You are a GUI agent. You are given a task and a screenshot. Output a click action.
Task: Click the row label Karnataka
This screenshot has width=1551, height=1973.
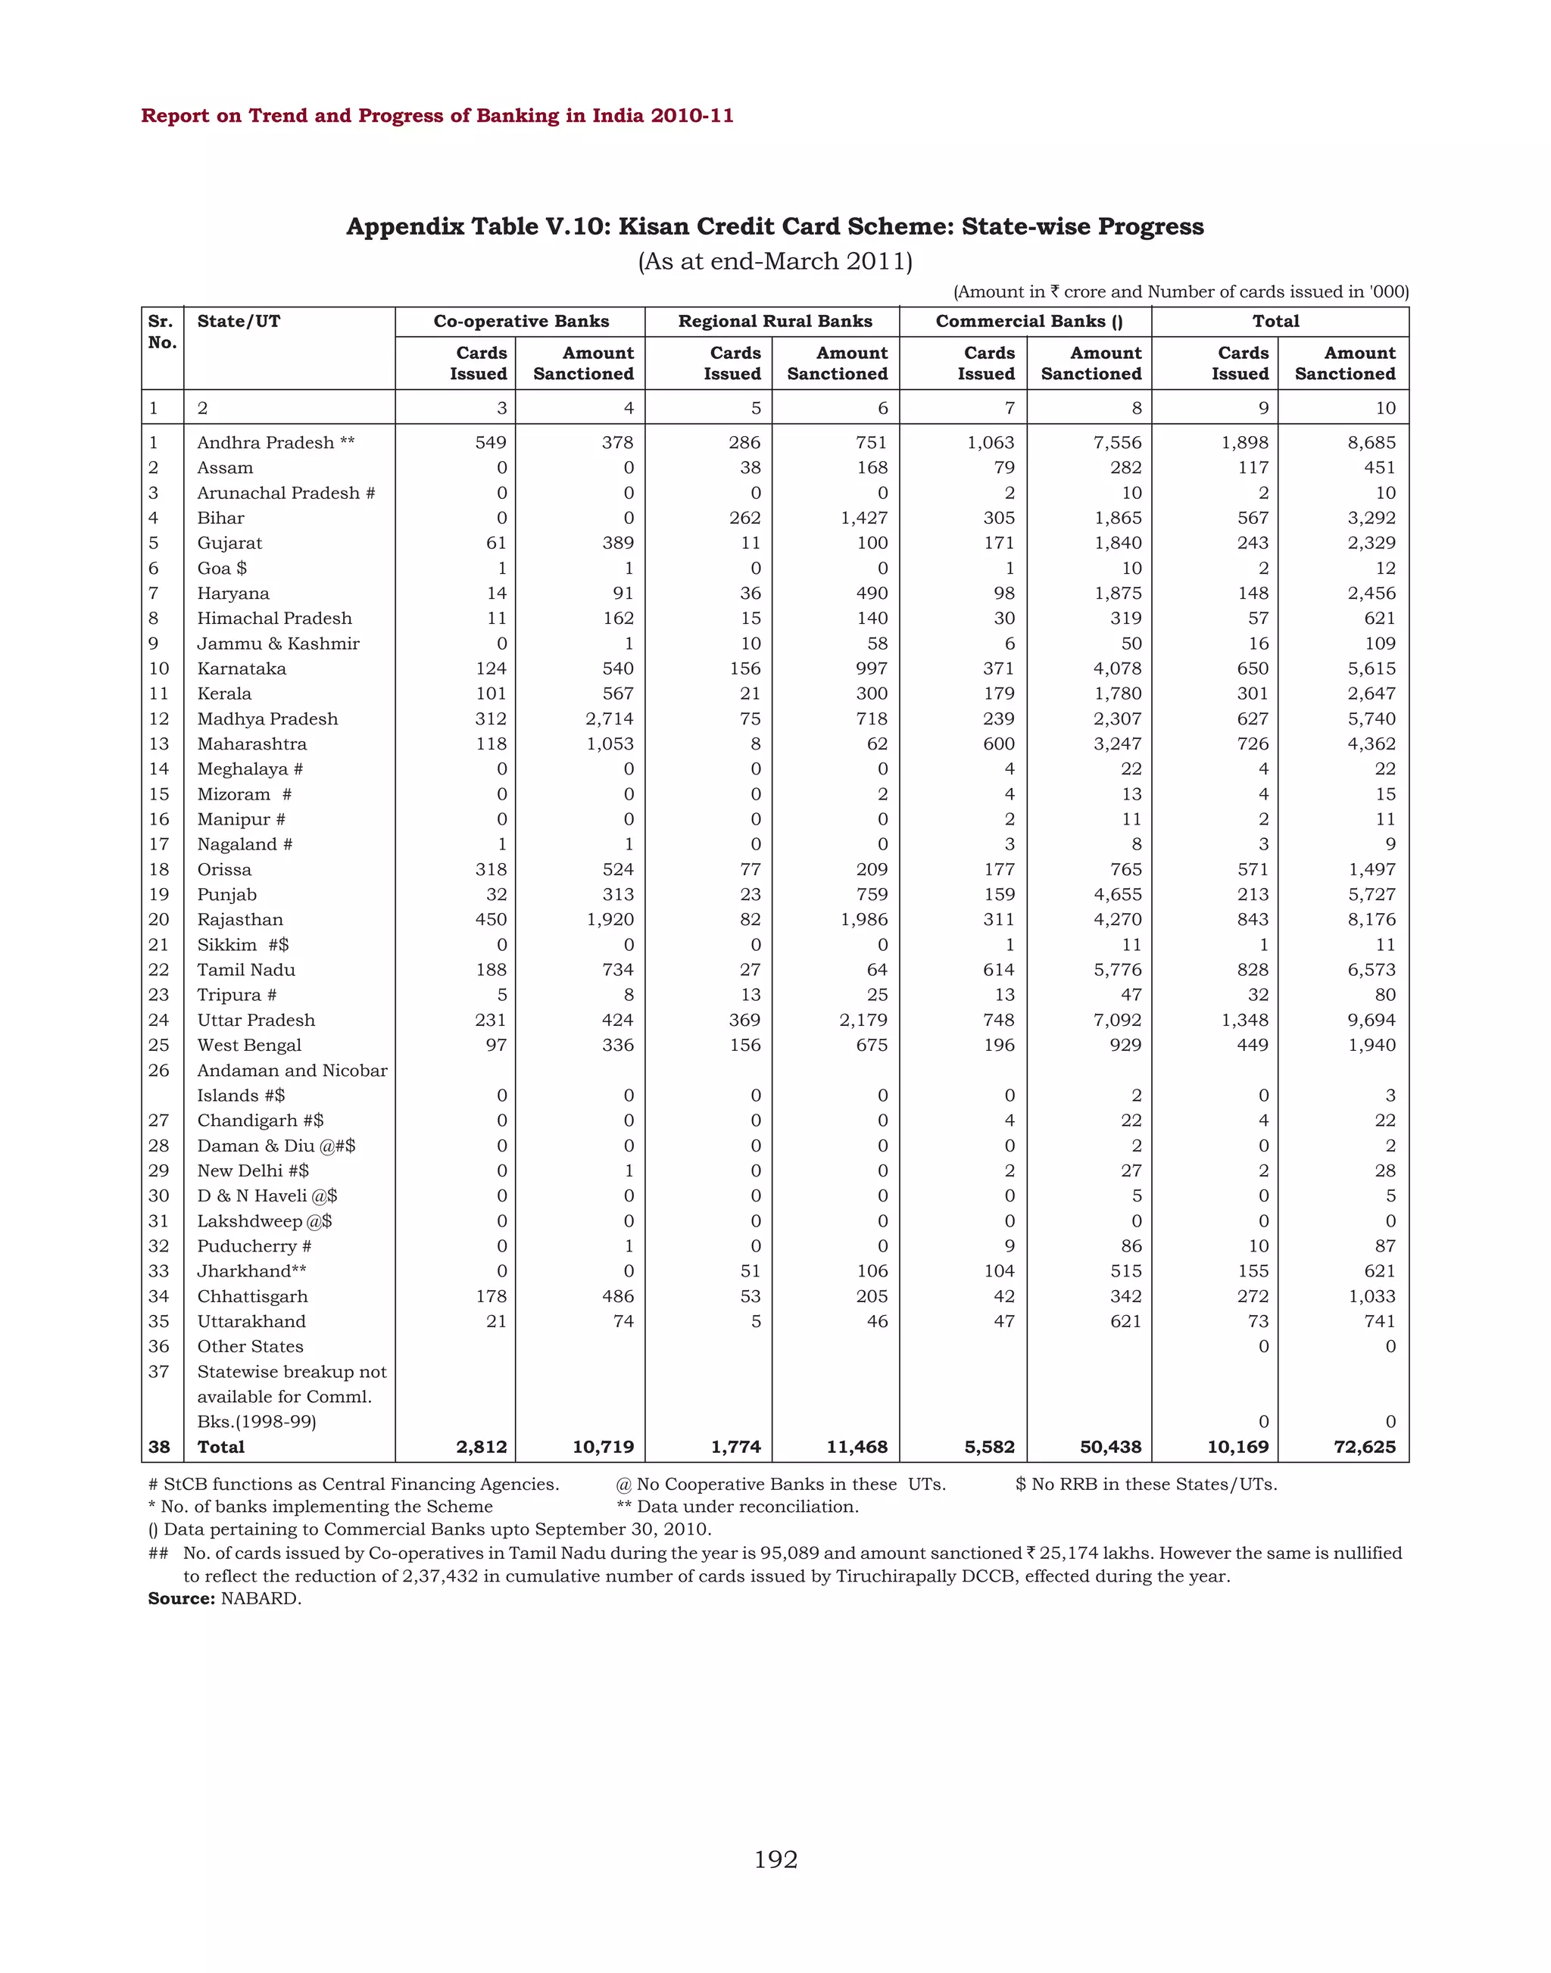click(x=242, y=669)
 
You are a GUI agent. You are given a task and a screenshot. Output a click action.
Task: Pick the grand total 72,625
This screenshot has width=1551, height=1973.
click(x=1364, y=1446)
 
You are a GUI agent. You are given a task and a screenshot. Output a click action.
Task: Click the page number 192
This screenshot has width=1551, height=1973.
click(x=775, y=1859)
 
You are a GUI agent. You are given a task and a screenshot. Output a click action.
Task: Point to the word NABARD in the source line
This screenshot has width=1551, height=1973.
click(x=261, y=1598)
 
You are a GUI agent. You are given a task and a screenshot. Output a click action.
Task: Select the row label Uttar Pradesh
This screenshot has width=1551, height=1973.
click(x=256, y=1020)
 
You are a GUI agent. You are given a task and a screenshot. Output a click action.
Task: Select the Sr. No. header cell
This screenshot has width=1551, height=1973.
click(x=161, y=332)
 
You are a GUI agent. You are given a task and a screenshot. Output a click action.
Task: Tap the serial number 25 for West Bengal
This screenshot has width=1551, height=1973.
click(x=159, y=1045)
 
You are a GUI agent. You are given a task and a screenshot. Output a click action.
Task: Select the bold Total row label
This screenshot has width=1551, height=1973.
click(x=220, y=1446)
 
